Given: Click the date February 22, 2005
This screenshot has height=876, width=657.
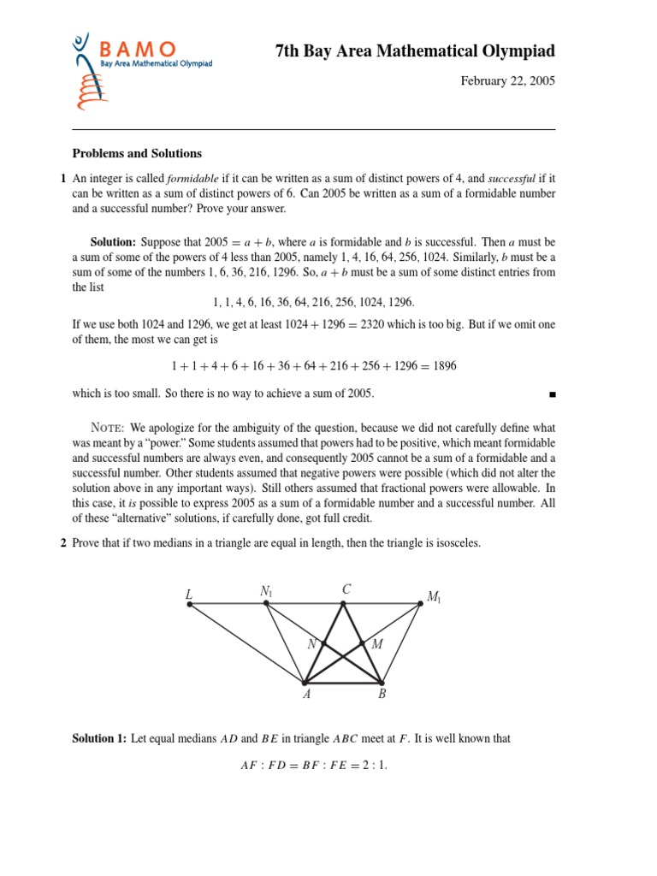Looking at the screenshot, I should click(x=508, y=81).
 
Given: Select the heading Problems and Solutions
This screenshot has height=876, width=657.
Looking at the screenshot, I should click(x=137, y=154).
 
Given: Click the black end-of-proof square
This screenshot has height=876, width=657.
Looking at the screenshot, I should click(x=552, y=394).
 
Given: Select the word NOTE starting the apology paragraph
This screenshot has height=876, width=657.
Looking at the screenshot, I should click(x=108, y=428).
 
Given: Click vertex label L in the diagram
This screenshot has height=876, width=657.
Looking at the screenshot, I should click(x=188, y=594).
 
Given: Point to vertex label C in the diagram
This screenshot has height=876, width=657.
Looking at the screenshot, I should click(x=346, y=589).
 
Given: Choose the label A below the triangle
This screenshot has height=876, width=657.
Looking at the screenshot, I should click(x=306, y=695).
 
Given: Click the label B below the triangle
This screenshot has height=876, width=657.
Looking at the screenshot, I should click(x=382, y=695).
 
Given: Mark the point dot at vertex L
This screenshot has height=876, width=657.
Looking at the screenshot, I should click(x=190, y=605).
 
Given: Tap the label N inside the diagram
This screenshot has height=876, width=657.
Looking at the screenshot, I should click(x=311, y=644).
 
